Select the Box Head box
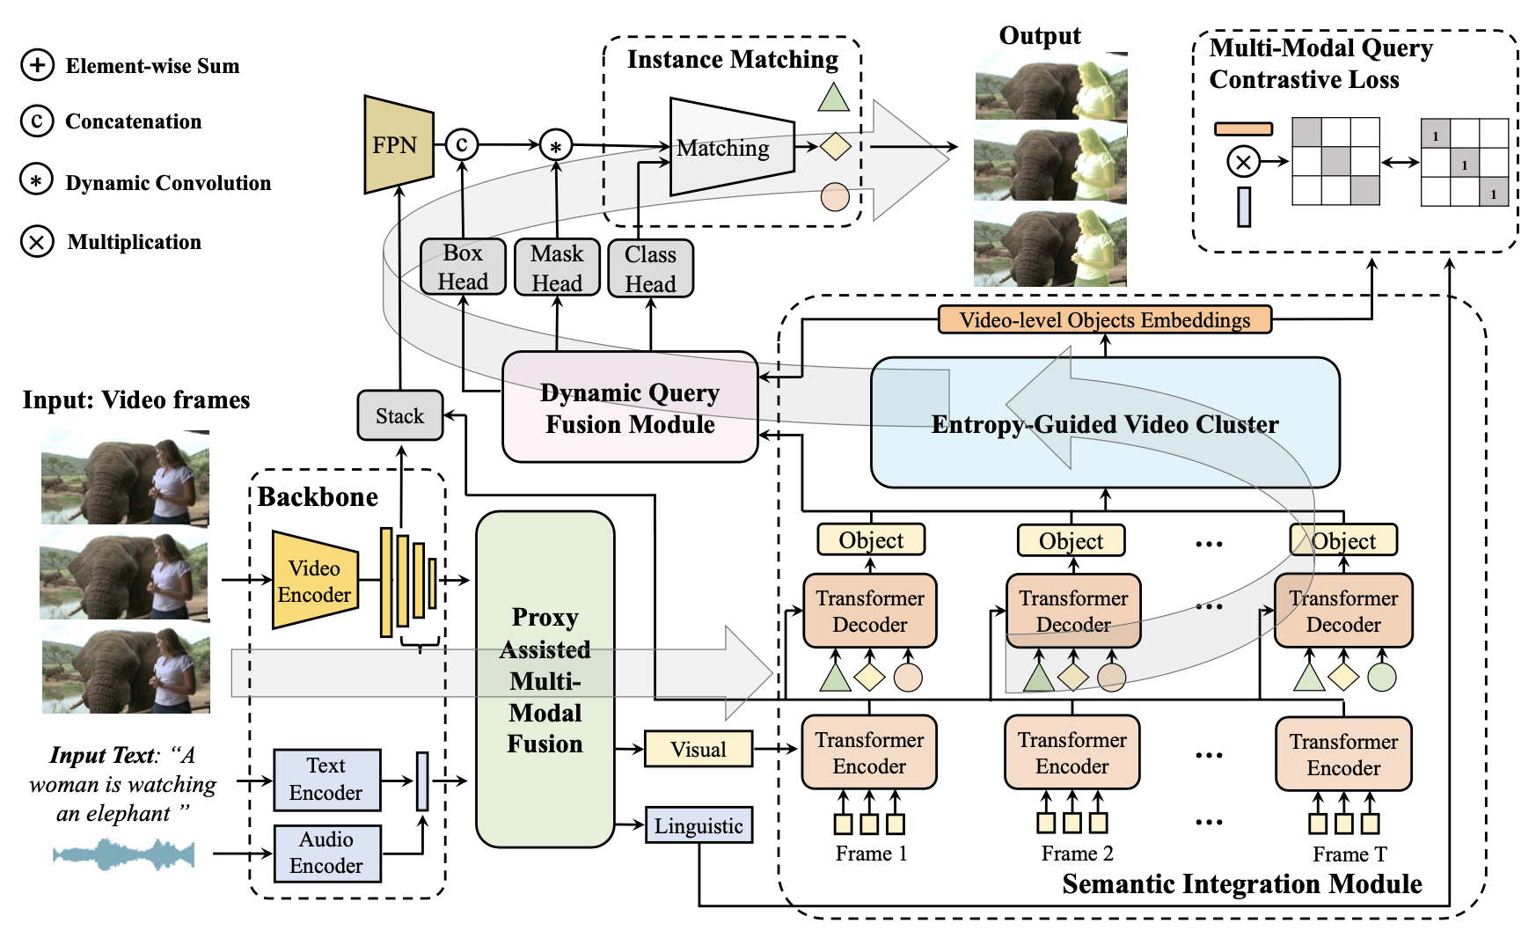pos(463,267)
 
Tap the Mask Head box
pos(557,267)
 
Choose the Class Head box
pos(650,268)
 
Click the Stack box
pos(399,415)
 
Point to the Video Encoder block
pos(315,581)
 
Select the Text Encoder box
pos(326,780)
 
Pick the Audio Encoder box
pos(326,853)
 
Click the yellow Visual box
pos(699,749)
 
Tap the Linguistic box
pos(699,825)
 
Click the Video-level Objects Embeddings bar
pos(1104,319)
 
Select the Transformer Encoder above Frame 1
pos(869,752)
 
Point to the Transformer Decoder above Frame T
pos(1343,611)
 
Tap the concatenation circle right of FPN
pos(462,144)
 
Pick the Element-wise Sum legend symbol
pos(37,65)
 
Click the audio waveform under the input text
pos(123,854)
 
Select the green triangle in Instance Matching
pos(833,98)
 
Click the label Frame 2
pos(1077,854)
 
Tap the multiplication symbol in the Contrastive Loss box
pos(1243,162)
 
